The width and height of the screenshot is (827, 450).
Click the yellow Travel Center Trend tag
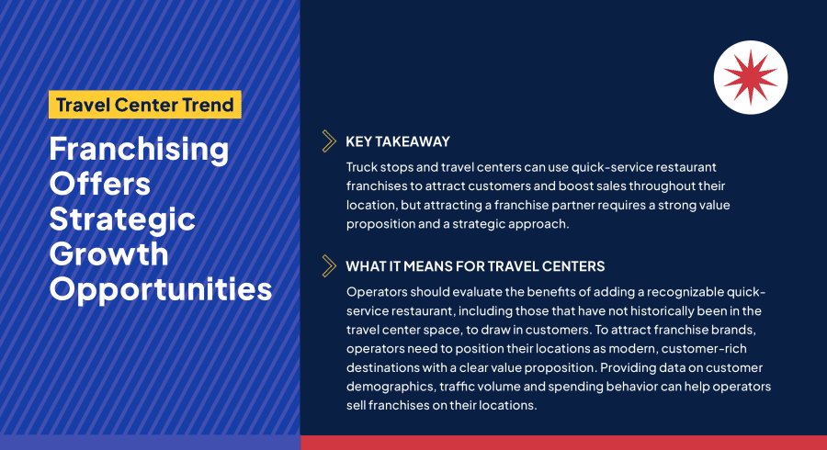(145, 104)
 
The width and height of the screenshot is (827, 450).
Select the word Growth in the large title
(109, 253)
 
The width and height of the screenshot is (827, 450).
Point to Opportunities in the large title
(161, 288)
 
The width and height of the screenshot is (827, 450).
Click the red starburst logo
(751, 77)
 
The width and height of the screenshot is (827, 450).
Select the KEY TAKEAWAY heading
(398, 141)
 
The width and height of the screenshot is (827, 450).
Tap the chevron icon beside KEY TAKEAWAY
(328, 141)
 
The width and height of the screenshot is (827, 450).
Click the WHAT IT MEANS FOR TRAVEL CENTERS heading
(475, 267)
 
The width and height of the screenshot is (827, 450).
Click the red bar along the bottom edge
(563, 443)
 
